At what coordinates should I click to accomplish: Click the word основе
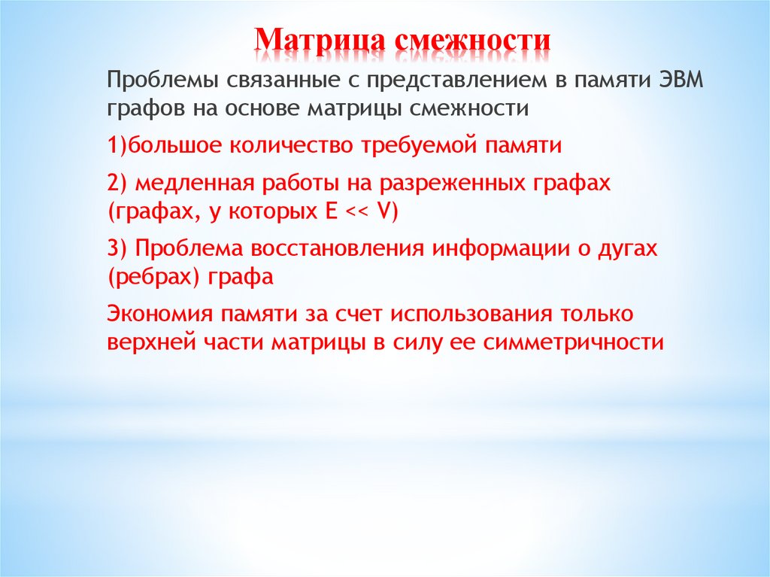(x=258, y=108)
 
